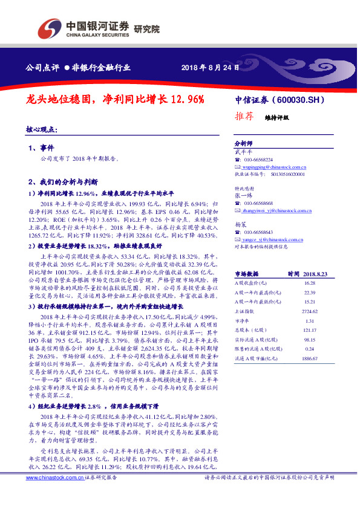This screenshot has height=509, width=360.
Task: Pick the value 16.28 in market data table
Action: click(310, 282)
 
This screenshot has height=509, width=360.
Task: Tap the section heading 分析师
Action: click(243, 144)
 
